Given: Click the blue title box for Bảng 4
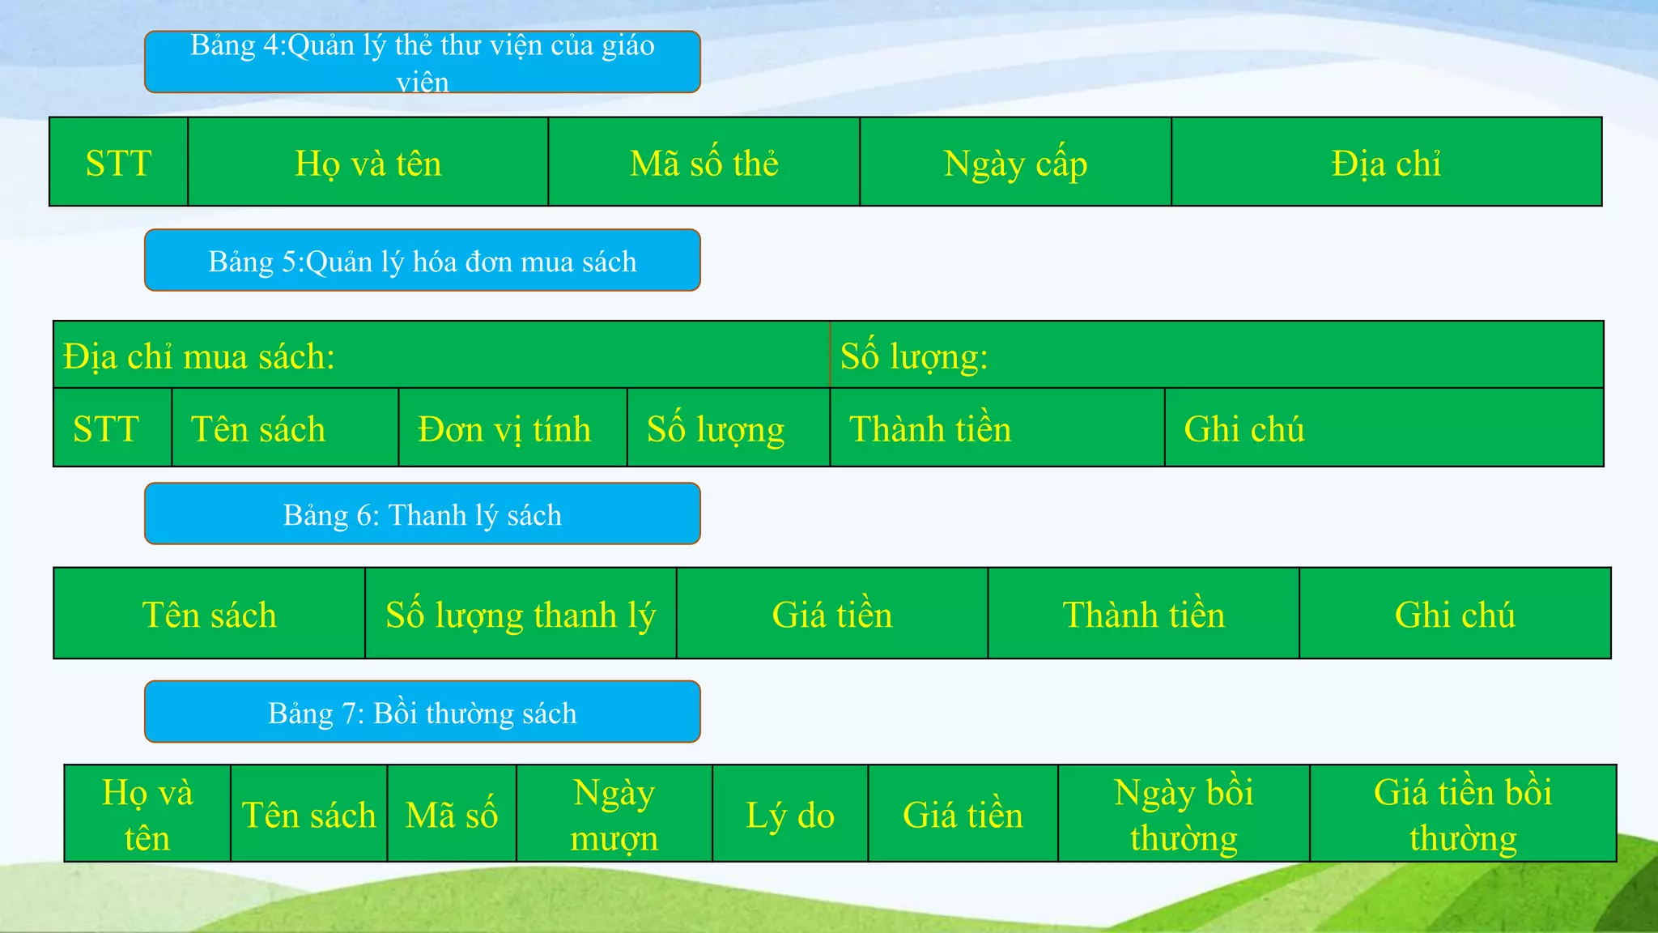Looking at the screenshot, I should (x=422, y=62).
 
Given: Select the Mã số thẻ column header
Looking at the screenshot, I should (x=704, y=163).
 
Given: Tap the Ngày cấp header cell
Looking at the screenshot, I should (x=1015, y=163).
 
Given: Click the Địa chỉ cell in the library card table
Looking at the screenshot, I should (x=1386, y=163).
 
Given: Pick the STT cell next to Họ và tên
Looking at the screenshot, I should (x=118, y=163).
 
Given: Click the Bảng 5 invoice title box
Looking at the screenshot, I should (x=422, y=261).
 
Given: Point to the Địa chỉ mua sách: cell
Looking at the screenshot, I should (x=441, y=356).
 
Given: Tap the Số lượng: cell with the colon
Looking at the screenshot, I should (x=1216, y=356).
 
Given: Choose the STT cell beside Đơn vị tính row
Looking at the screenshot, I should (x=112, y=428).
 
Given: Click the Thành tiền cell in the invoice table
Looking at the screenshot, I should (x=997, y=428).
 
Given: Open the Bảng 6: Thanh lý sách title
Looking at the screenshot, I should (x=422, y=514).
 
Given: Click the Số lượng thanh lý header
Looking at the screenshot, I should (x=521, y=614).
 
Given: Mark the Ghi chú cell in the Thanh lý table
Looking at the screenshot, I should (x=1455, y=614).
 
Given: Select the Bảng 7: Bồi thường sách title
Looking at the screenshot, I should (x=422, y=713).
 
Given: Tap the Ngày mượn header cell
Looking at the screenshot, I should (x=614, y=814).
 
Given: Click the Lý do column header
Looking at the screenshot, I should (x=789, y=814).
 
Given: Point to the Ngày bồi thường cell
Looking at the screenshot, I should (x=1184, y=814).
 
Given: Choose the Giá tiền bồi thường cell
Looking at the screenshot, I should (x=1463, y=814).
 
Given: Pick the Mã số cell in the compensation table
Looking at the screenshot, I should (x=451, y=814).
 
